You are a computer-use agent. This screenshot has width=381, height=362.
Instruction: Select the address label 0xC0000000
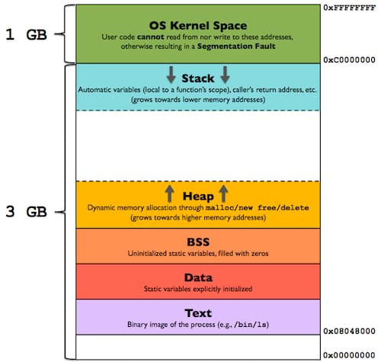pos(349,59)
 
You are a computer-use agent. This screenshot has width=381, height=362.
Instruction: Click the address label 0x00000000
pos(349,355)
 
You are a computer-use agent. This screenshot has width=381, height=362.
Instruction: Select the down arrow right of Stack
pos(226,75)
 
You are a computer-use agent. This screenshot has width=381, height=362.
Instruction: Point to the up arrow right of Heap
pos(223,192)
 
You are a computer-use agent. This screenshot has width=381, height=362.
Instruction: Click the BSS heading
pos(197,240)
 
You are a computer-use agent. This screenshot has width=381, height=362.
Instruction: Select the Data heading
pos(197,277)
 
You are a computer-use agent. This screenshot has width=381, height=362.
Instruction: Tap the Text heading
pos(197,312)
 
